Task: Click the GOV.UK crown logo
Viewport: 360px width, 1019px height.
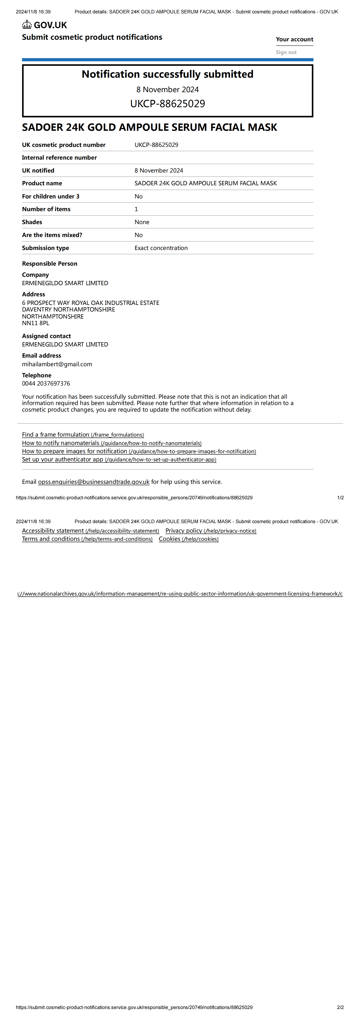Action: click(27, 25)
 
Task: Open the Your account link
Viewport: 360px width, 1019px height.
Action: click(294, 39)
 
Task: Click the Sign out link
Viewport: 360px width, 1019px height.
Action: click(286, 52)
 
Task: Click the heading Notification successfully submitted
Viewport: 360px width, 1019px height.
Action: click(167, 74)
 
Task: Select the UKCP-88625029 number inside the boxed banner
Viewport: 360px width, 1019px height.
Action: click(167, 104)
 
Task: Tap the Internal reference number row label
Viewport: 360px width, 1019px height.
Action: click(59, 157)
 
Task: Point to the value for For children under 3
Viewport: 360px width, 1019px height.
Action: click(138, 196)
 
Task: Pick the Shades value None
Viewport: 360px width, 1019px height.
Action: click(142, 222)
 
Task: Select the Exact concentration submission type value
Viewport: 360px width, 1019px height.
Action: click(161, 248)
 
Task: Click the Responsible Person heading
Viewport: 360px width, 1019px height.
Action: click(49, 263)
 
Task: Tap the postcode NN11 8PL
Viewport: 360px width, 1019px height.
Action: click(36, 323)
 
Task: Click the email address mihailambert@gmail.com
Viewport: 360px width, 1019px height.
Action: click(57, 364)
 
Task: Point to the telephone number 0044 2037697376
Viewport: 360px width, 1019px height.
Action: click(46, 383)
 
